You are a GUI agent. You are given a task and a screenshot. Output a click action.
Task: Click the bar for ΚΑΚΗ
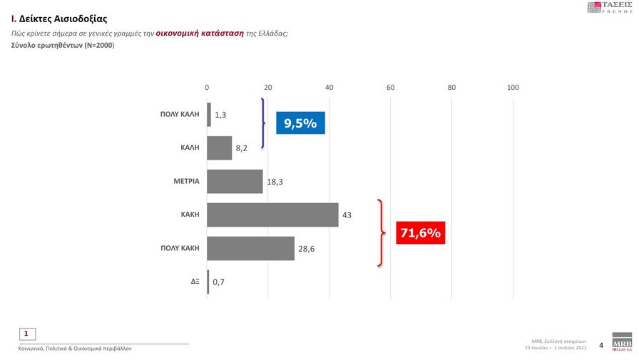tap(272, 215)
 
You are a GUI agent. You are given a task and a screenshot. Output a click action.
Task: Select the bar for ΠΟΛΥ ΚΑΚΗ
tap(250, 248)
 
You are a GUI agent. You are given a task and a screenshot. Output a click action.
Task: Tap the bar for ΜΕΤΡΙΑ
tap(235, 181)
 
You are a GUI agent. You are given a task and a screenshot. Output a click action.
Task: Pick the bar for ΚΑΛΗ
tap(219, 148)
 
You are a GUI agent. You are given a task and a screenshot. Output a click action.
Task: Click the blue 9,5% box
tap(300, 123)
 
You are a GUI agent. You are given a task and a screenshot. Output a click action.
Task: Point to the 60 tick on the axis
tap(390, 87)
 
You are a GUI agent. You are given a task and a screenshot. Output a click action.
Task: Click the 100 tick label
tap(512, 87)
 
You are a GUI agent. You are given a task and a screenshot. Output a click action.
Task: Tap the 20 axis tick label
tap(268, 87)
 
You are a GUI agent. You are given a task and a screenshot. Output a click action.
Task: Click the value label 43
tap(347, 215)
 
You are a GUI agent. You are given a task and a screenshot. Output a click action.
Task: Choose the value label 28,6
tap(306, 248)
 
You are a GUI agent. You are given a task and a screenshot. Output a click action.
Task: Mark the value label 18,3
tap(275, 182)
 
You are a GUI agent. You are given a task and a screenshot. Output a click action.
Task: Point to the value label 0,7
tap(219, 282)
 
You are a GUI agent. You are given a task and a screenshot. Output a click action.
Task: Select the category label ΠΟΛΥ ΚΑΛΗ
tap(179, 114)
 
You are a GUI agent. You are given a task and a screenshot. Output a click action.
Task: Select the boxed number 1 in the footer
tap(26, 333)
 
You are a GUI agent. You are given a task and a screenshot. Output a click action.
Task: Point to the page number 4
tap(600, 346)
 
